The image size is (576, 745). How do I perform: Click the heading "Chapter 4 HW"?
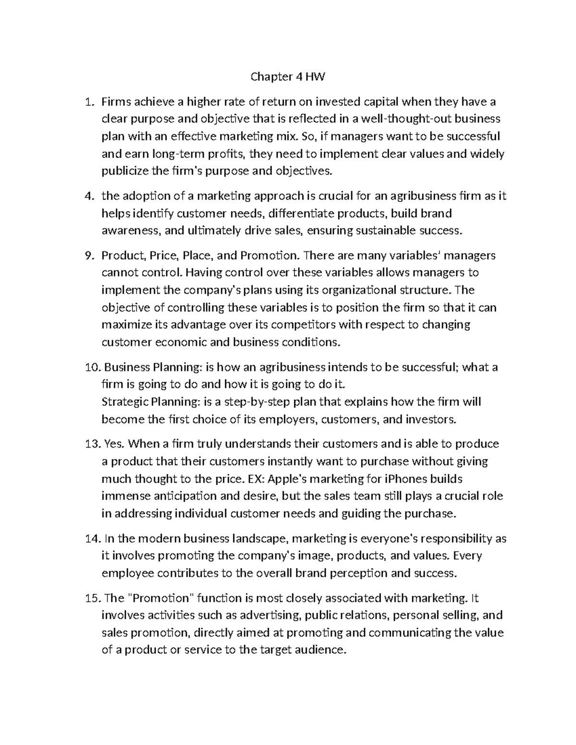coord(288,77)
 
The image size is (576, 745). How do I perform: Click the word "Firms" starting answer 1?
coord(116,102)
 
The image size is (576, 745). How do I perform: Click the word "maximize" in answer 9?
coord(121,325)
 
